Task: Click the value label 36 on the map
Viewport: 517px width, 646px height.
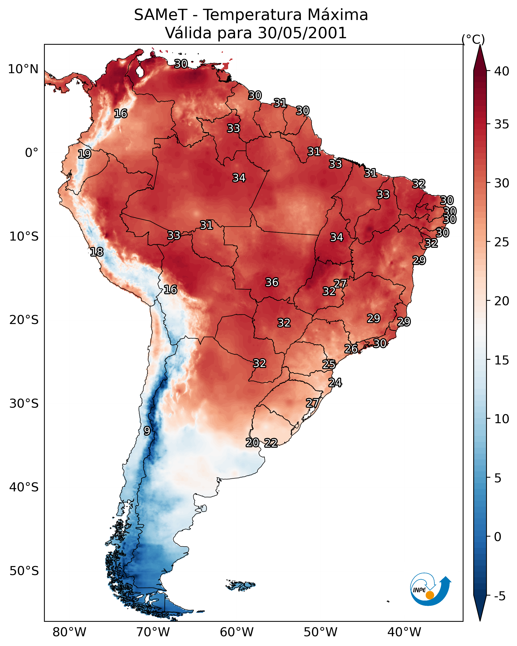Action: (x=272, y=282)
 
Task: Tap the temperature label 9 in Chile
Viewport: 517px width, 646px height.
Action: (x=147, y=431)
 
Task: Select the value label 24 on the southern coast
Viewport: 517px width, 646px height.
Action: (x=335, y=383)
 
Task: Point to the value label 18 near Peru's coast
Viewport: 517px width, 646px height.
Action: (x=97, y=252)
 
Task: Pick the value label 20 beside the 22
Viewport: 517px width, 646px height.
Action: (x=252, y=443)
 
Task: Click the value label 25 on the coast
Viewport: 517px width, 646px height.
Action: (x=329, y=364)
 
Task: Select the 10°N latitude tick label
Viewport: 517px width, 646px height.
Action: (x=23, y=69)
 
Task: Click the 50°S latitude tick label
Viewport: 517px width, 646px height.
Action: (x=24, y=571)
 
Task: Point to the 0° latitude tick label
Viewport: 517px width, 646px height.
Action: (x=32, y=153)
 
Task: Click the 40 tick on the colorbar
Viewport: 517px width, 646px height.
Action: (x=502, y=71)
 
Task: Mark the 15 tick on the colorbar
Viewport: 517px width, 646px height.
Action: (x=502, y=360)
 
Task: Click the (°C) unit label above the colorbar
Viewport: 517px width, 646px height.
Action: (x=473, y=39)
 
